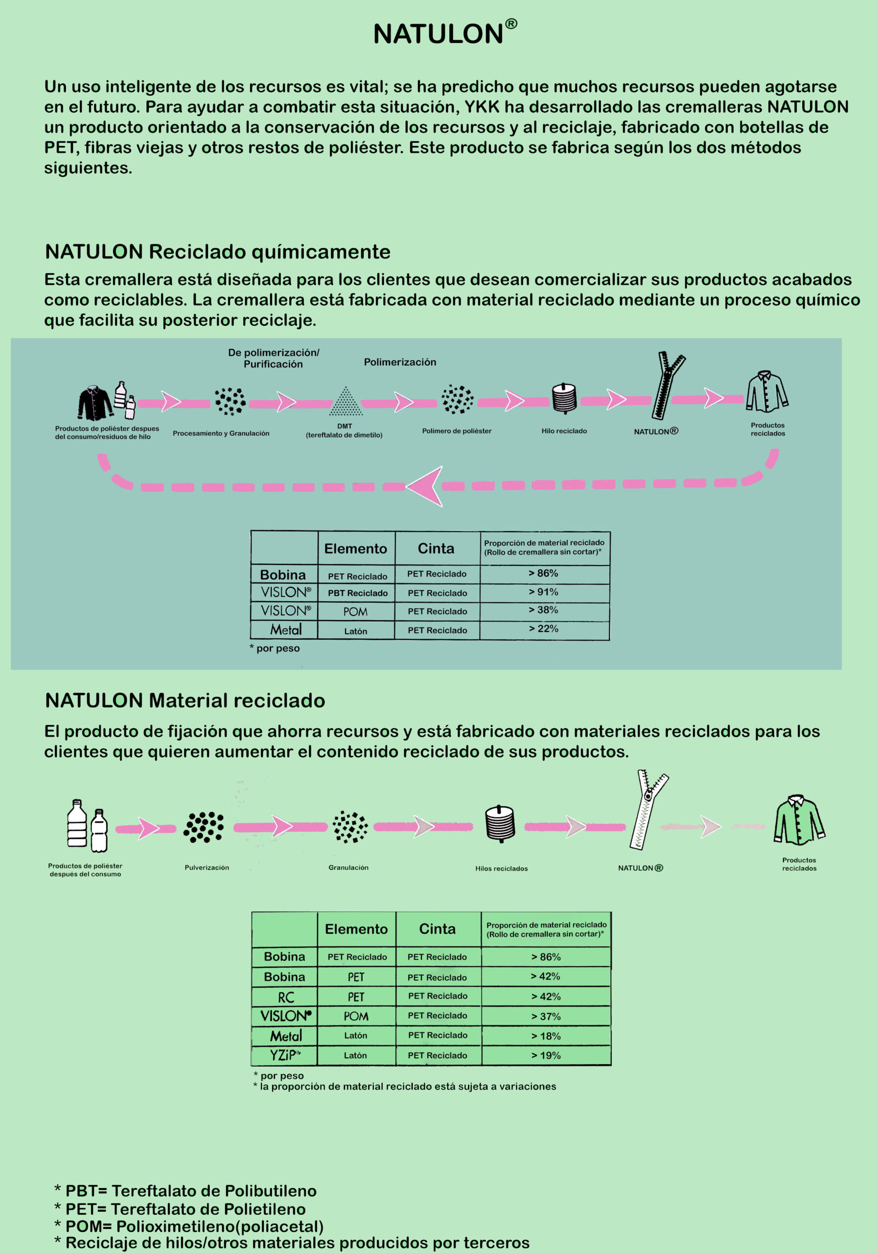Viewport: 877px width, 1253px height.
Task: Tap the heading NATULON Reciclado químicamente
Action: (218, 252)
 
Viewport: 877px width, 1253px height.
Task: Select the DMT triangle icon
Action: (346, 401)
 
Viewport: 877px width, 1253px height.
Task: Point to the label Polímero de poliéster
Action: (457, 431)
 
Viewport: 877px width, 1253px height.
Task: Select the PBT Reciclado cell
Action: (357, 593)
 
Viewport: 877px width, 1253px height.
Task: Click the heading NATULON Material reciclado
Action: (185, 700)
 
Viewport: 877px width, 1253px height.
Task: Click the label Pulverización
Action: (207, 867)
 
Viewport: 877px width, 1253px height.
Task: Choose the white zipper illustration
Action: (649, 810)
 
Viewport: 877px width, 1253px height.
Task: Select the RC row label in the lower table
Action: (286, 998)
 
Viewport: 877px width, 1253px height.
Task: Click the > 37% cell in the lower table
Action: (546, 1016)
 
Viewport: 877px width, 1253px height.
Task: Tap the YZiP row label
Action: (285, 1055)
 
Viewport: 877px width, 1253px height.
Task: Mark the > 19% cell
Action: (546, 1055)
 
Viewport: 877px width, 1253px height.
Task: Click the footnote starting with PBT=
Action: (185, 1191)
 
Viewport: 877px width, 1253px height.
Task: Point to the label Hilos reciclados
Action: (502, 868)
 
